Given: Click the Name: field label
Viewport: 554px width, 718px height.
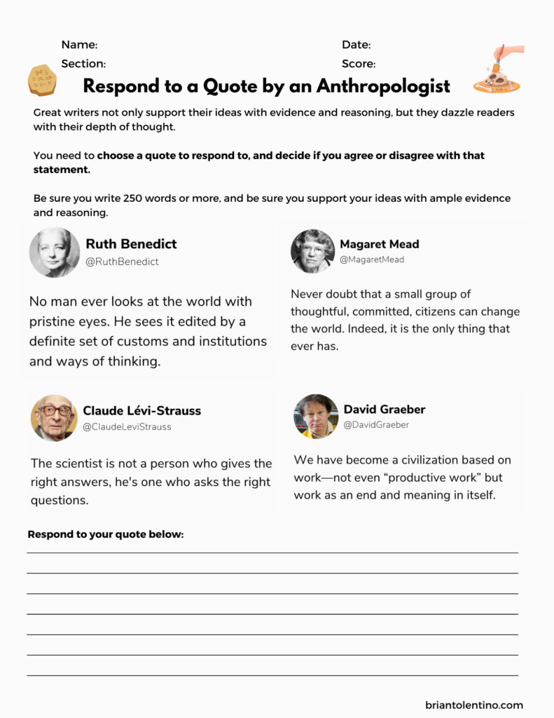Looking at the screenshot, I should pos(79,45).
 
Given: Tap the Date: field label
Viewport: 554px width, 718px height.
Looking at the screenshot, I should pos(356,45).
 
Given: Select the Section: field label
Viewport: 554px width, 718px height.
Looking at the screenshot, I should pos(83,64).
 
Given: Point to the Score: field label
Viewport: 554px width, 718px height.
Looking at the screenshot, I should pos(359,64).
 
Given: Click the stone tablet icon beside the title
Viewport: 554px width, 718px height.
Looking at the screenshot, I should pos(42,79).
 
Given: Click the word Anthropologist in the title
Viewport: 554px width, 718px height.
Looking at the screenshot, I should pos(383,86).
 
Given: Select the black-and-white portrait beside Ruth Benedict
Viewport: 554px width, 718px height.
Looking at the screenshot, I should pos(55,252).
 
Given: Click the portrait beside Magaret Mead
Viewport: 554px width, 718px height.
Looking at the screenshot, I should pos(312,251).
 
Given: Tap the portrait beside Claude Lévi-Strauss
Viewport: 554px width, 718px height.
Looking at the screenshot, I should pos(54,418).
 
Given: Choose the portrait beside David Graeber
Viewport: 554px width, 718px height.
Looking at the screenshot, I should pos(316,416).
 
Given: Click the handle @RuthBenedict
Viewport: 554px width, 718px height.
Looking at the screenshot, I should pos(122,262).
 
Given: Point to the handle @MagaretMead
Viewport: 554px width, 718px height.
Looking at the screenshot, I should pos(372,259).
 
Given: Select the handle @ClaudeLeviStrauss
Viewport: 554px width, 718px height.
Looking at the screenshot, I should pos(127,426).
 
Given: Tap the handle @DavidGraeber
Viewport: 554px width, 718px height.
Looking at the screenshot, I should pos(376,425).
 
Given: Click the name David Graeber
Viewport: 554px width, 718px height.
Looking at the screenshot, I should pos(384,409).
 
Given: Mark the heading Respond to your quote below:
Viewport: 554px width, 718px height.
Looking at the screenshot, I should pos(105,534).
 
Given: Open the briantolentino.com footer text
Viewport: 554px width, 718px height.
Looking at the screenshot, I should pos(473,705).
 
